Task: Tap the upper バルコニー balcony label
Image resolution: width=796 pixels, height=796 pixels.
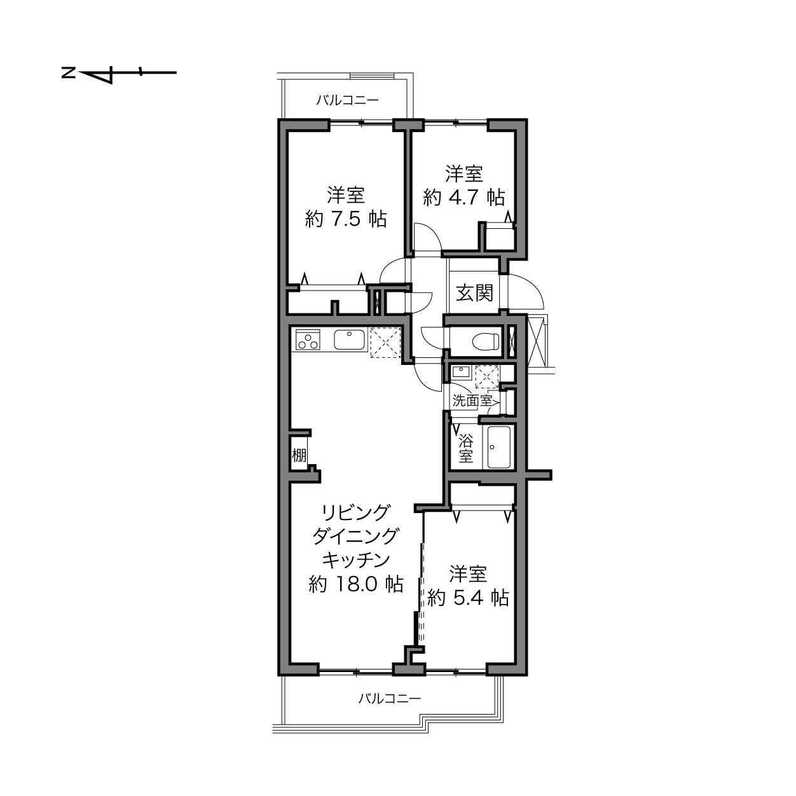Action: click(347, 100)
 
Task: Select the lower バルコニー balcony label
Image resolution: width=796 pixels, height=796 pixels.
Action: click(390, 699)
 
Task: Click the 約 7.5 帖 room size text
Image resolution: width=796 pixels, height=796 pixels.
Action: click(346, 219)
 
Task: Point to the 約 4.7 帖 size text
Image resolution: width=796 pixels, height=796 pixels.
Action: click(464, 197)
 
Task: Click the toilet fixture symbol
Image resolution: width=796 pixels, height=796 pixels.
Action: click(485, 341)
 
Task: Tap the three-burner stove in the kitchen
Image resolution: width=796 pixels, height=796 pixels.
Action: click(308, 340)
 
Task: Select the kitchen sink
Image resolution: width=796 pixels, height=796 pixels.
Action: click(350, 340)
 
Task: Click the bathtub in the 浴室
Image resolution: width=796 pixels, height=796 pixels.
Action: click(499, 447)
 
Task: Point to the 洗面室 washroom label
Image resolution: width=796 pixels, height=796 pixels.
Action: click(472, 401)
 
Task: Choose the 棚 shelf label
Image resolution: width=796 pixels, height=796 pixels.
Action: click(299, 455)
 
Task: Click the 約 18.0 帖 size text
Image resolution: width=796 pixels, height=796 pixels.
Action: click(355, 584)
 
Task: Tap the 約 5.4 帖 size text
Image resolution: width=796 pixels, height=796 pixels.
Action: click(468, 597)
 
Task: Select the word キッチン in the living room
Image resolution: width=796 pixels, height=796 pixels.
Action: click(356, 560)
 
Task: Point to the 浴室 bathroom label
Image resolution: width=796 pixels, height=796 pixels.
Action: click(466, 449)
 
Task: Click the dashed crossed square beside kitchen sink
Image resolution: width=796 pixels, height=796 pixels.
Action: click(385, 343)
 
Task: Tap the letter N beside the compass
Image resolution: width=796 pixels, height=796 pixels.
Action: click(69, 74)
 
